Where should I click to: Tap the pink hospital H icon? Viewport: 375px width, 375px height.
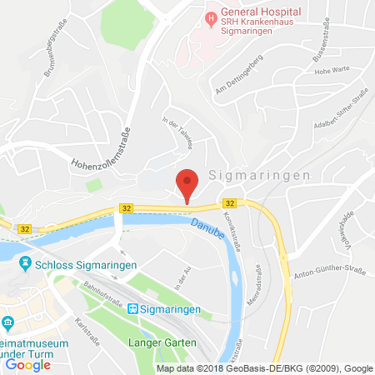tap(211, 17)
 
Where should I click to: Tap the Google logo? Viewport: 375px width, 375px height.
tap(28, 364)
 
